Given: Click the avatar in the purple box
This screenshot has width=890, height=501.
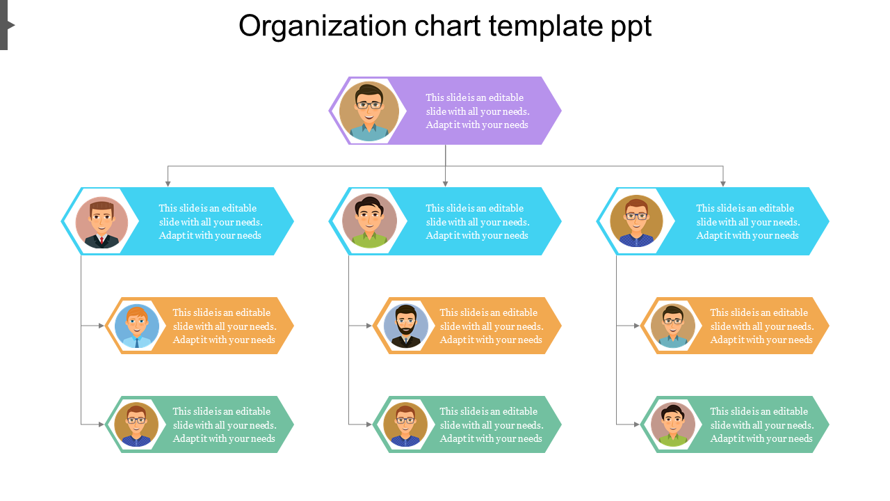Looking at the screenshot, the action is pyautogui.click(x=369, y=111).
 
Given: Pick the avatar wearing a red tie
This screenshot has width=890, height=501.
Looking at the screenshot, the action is pyautogui.click(x=102, y=222).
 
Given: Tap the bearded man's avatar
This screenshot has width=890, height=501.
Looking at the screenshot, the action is pyautogui.click(x=405, y=326).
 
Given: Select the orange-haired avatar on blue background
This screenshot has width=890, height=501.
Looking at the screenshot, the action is pyautogui.click(x=137, y=326).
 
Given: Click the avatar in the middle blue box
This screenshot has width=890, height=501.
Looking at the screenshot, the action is pyautogui.click(x=369, y=221).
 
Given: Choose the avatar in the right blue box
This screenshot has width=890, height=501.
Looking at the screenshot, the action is pyautogui.click(x=636, y=221).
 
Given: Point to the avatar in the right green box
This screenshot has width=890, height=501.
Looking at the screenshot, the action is pyautogui.click(x=673, y=424).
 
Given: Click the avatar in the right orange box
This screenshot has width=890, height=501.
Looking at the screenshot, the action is pyautogui.click(x=673, y=326).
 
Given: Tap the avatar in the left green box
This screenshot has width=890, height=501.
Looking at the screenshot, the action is pyautogui.click(x=136, y=424).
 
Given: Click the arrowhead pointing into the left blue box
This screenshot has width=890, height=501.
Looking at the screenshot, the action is pyautogui.click(x=168, y=184).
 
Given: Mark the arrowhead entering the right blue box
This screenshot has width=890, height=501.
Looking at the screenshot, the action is pyautogui.click(x=723, y=184).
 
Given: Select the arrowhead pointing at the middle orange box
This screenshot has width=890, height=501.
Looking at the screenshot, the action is pyautogui.click(x=369, y=326).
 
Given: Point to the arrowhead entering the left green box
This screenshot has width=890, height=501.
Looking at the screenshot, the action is pyautogui.click(x=102, y=424).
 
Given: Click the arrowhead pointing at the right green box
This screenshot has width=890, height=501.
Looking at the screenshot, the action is pyautogui.click(x=637, y=424).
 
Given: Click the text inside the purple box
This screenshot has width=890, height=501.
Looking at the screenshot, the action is pyautogui.click(x=478, y=111).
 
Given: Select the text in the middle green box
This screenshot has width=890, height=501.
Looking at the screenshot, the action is pyautogui.click(x=492, y=425).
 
